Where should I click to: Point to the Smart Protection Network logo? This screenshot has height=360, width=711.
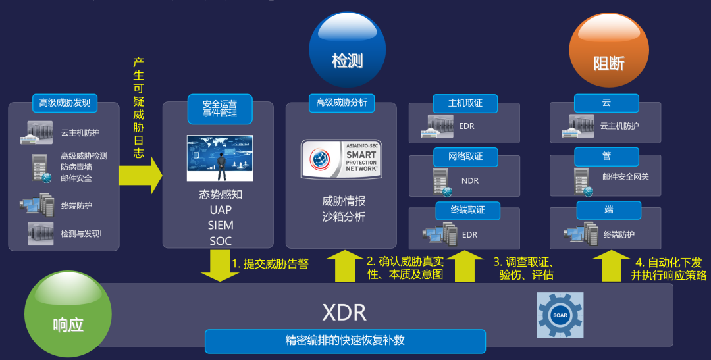[340, 159]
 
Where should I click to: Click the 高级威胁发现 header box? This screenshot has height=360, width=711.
[65, 103]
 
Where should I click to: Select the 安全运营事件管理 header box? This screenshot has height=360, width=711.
[220, 109]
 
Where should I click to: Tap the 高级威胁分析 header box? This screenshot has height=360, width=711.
[342, 103]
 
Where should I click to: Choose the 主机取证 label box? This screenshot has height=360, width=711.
[465, 103]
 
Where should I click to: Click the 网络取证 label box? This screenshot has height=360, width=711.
[465, 157]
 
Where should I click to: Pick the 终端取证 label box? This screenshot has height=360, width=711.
[467, 210]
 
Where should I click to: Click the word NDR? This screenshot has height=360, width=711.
[470, 181]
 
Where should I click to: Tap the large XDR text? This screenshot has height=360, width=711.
[344, 311]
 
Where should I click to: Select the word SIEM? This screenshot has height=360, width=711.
[221, 225]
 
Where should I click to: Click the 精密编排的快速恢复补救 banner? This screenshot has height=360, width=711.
[345, 341]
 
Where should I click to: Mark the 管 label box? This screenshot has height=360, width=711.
[606, 157]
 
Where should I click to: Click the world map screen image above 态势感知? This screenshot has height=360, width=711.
[220, 158]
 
